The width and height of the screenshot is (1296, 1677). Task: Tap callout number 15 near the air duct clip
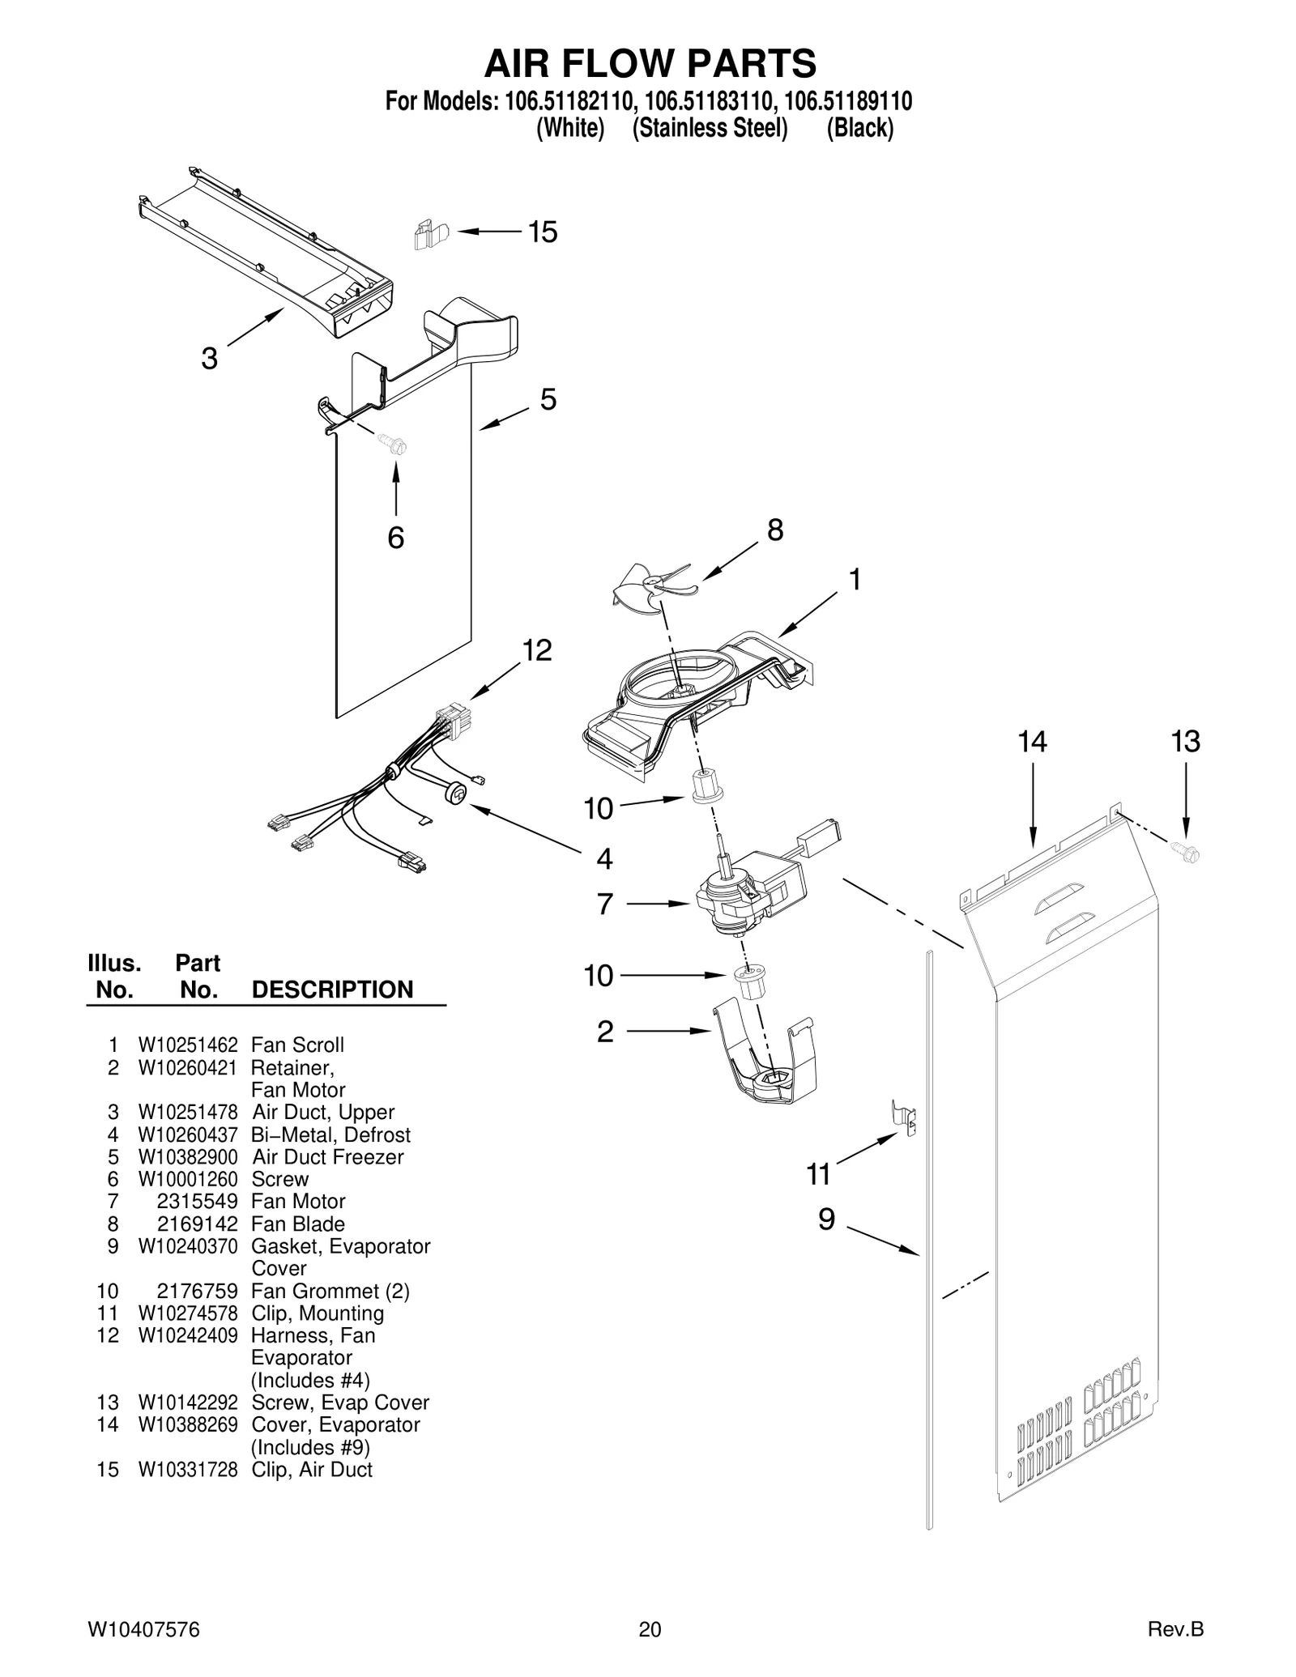(543, 232)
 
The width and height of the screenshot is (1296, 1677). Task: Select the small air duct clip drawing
(429, 235)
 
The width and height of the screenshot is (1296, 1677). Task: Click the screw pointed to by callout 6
(394, 444)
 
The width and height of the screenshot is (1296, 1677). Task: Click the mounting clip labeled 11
(905, 1117)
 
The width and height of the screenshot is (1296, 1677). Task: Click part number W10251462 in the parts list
(188, 1045)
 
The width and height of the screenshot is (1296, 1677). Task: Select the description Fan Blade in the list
(298, 1224)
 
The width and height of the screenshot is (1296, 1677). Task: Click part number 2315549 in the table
(197, 1201)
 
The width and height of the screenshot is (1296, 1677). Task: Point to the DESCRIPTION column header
(332, 990)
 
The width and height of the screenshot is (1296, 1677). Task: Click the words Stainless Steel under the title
(710, 128)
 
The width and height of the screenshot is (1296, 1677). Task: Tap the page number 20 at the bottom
(650, 1629)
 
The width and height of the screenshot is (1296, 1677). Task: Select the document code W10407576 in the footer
(143, 1629)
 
